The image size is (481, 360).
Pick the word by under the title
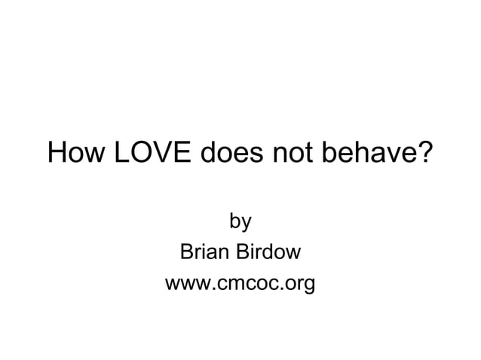pyautogui.click(x=240, y=222)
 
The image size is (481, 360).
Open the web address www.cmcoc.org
pyautogui.click(x=240, y=285)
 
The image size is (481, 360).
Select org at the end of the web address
pyautogui.click(x=300, y=286)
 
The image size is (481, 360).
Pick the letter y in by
pyautogui.click(x=246, y=224)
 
